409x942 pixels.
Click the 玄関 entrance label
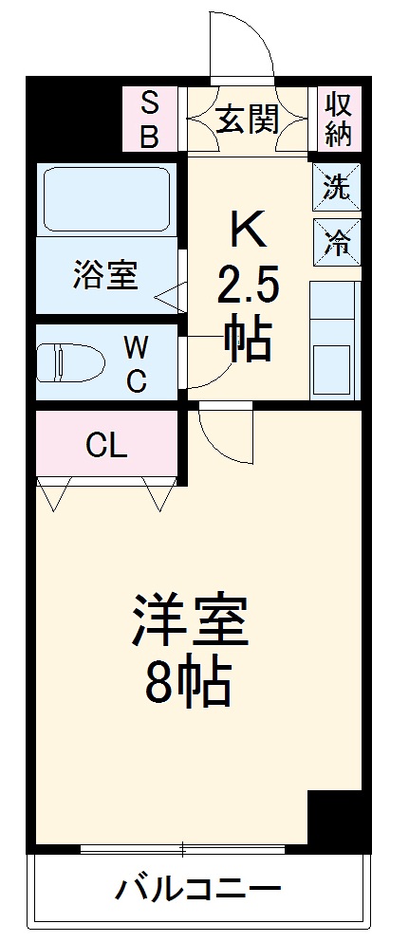(x=247, y=120)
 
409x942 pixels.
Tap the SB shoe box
(x=150, y=120)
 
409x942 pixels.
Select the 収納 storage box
(x=339, y=120)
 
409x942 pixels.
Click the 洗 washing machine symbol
(x=336, y=187)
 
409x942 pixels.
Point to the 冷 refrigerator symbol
(x=336, y=243)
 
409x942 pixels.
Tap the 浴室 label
(x=106, y=277)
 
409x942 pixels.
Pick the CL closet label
(x=106, y=445)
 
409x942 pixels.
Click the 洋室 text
(x=190, y=621)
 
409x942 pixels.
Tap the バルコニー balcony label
(x=199, y=891)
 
